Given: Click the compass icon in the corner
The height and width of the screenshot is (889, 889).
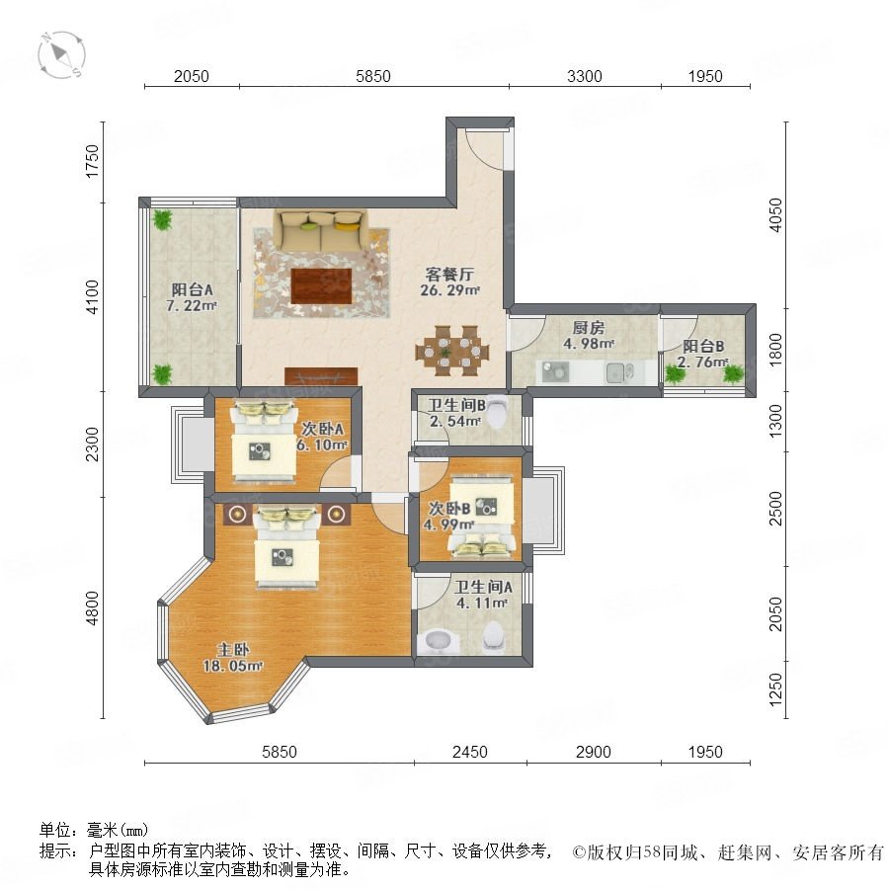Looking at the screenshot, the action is [61, 55].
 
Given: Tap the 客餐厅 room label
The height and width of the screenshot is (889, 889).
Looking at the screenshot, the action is [449, 275].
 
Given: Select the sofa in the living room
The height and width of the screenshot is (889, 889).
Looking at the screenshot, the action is [320, 230].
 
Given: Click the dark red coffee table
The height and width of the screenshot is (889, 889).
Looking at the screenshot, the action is [321, 285].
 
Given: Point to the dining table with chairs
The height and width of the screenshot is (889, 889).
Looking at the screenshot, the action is [451, 351].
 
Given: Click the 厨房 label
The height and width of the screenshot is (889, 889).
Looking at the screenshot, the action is [588, 327].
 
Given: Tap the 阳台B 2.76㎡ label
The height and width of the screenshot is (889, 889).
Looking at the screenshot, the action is [703, 354].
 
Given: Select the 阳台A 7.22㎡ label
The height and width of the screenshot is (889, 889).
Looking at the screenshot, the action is [193, 297].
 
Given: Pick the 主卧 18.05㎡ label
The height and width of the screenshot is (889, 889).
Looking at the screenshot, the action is [232, 658].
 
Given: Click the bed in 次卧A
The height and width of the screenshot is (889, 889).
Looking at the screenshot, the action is [264, 441].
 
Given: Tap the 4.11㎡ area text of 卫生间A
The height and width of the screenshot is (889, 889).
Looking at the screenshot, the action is [481, 603].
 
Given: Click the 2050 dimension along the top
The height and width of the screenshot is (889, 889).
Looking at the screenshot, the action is [191, 76].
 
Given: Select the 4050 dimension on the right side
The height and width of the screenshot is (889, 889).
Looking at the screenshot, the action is [775, 215].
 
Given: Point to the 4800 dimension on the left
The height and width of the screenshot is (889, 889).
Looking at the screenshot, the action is [91, 607].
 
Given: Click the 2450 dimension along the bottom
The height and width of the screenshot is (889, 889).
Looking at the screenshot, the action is [469, 752].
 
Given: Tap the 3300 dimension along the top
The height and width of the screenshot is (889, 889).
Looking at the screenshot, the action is [584, 76].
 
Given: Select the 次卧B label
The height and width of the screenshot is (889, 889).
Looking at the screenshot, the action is [449, 508].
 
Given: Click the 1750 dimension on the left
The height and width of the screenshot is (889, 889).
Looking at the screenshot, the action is [91, 161].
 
